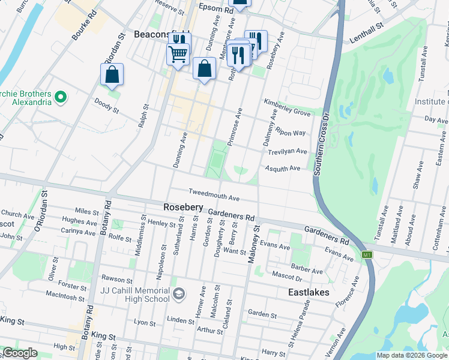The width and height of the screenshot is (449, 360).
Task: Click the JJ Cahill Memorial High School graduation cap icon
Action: (x=178, y=294)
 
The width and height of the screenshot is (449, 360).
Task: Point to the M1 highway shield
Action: (x=367, y=255)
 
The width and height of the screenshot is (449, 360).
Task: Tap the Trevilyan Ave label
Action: (x=287, y=151)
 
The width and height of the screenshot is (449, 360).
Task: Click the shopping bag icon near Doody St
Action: (x=112, y=75)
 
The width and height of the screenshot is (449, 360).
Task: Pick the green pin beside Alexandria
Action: (x=60, y=96)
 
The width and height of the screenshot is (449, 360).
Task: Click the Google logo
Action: (x=19, y=353)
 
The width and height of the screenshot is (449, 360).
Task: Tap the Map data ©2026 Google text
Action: (x=411, y=355)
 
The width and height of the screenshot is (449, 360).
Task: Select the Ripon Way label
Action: (x=291, y=133)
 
